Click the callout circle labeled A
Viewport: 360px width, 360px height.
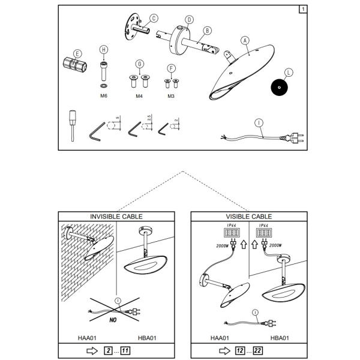pos(245,41)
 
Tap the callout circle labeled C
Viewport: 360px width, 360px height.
pos(154,18)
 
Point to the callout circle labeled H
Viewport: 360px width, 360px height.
pos(104,49)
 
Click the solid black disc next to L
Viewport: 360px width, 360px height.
pos(279,87)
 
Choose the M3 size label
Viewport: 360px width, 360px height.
pos(171,96)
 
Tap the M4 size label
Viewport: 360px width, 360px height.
pos(139,96)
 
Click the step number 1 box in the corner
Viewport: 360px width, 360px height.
pos(302,9)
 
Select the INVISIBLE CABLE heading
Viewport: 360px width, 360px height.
pos(116,217)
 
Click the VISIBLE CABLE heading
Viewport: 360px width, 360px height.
pos(248,217)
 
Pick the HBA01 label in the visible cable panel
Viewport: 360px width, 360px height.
pos(279,338)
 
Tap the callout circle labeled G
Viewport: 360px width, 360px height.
pos(140,64)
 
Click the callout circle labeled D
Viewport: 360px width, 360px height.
pos(189,20)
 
